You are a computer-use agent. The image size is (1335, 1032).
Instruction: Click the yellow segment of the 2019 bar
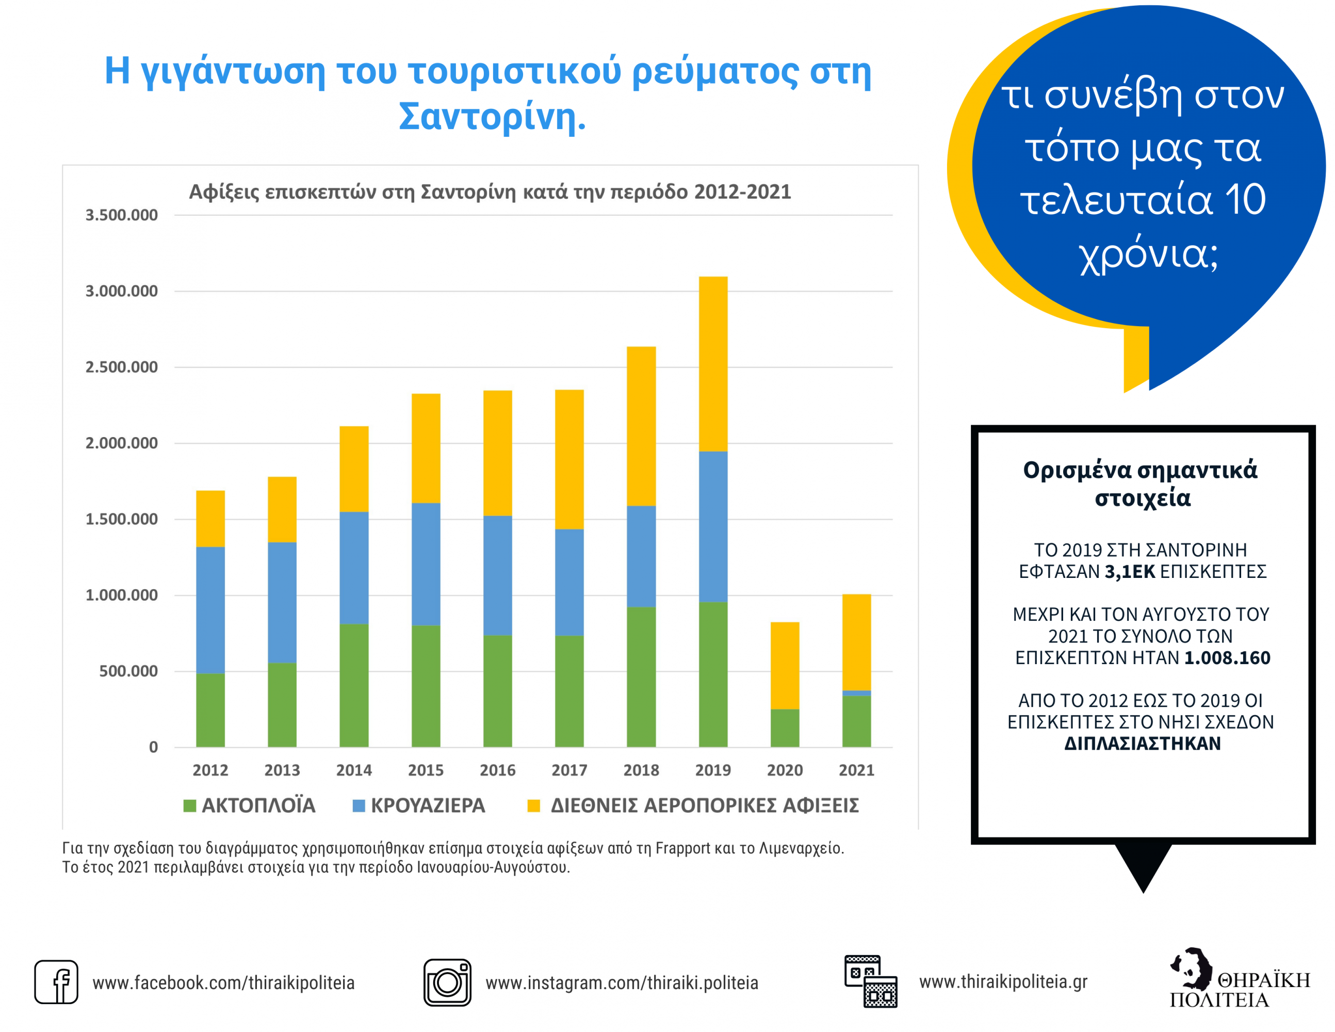point(713,364)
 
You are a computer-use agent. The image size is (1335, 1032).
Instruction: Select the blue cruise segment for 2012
point(210,609)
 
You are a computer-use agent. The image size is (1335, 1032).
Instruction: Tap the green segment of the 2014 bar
point(354,685)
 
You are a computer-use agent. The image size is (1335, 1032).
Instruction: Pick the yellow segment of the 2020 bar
point(785,665)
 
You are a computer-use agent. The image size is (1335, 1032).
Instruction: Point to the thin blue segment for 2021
point(856,692)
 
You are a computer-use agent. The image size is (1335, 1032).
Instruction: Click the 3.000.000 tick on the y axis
point(122,291)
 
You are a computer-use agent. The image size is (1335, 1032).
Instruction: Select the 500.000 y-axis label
point(128,671)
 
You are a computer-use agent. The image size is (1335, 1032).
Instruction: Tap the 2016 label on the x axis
point(498,770)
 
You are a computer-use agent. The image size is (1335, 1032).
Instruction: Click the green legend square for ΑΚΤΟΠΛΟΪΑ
point(189,806)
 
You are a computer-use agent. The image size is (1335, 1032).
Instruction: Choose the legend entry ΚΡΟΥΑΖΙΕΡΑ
point(428,806)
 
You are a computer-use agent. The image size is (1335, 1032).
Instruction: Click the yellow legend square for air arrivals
point(533,806)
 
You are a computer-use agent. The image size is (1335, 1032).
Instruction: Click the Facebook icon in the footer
point(56,982)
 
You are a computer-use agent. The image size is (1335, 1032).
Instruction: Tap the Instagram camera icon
point(447,982)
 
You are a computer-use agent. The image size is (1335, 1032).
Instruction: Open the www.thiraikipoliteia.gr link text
point(1003,981)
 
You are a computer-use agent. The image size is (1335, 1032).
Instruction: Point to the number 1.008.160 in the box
point(1227,658)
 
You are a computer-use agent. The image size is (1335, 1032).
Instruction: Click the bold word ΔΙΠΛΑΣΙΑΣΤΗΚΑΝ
point(1143,744)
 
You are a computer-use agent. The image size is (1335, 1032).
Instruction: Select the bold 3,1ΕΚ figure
point(1130,572)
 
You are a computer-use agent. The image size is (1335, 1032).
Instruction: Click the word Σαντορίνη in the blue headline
point(492,116)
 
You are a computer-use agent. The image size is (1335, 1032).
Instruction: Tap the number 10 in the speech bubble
point(1245,200)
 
